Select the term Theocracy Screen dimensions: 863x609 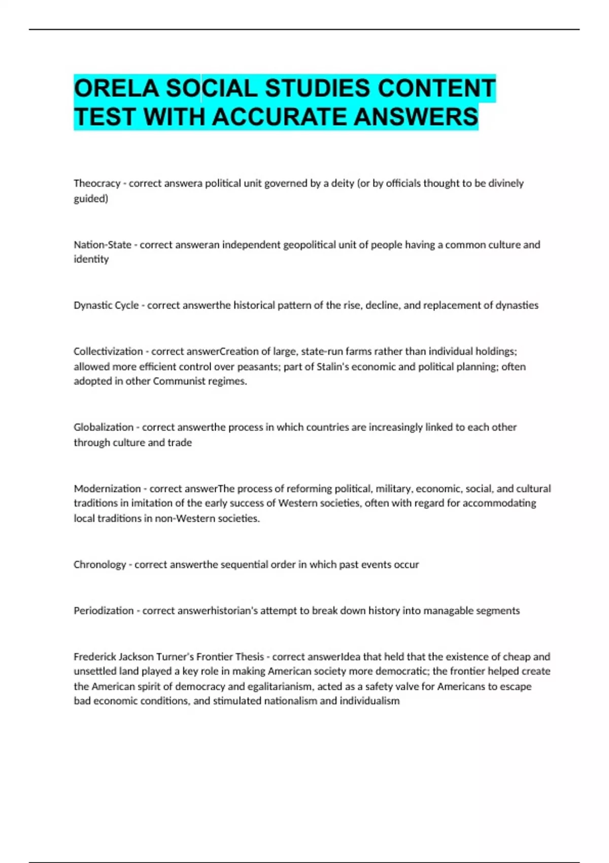click(x=97, y=183)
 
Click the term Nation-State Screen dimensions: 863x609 click(x=103, y=245)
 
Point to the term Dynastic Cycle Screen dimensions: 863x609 click(x=106, y=305)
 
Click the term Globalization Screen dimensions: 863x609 click(x=104, y=427)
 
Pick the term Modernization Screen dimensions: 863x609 click(x=107, y=489)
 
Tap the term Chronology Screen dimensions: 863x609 click(x=99, y=565)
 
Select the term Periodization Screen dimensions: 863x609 click(x=104, y=611)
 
